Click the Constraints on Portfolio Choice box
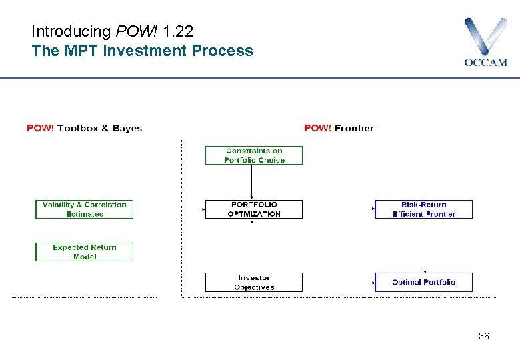(253, 155)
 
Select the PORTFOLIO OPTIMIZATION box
(253, 209)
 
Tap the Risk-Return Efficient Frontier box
(423, 209)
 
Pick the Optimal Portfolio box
(423, 282)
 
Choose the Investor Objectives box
(253, 282)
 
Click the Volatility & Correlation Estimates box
(84, 209)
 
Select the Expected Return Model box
(84, 252)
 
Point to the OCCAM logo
(485, 42)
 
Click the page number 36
(483, 336)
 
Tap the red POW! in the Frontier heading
(318, 128)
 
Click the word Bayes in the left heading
(127, 128)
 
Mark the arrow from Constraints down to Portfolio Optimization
(251, 182)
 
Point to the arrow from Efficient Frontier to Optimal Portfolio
(425, 245)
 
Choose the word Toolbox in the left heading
(77, 128)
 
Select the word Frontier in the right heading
(354, 128)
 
